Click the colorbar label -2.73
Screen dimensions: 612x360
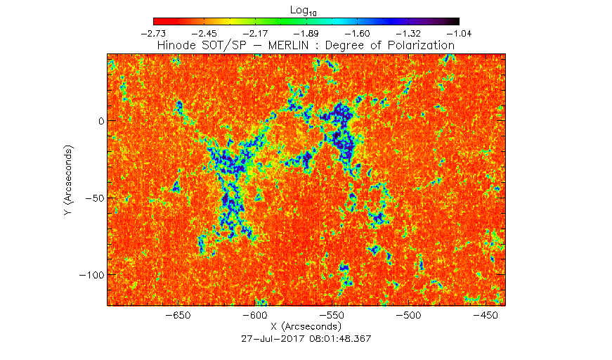point(153,34)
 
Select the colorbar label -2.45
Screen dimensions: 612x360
point(204,34)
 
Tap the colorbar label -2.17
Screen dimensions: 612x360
point(255,34)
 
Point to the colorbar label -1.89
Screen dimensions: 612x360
point(306,34)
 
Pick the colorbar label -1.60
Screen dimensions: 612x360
point(357,34)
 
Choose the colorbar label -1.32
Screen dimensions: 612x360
point(408,34)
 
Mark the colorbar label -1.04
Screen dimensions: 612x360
point(459,34)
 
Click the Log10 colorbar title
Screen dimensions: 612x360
point(304,11)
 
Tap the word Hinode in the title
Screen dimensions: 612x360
point(176,45)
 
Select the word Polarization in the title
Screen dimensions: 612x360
point(421,45)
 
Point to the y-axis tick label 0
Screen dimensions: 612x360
point(101,121)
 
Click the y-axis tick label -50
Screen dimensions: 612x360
point(95,198)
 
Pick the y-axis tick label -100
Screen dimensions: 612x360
point(92,275)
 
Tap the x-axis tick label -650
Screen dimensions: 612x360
point(178,315)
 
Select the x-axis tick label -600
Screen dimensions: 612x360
point(255,315)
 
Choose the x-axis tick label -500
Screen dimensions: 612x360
point(409,315)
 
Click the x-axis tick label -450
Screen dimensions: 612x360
point(486,315)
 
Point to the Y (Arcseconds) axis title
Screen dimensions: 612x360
point(69,180)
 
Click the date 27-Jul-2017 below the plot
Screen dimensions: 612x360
point(273,338)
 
